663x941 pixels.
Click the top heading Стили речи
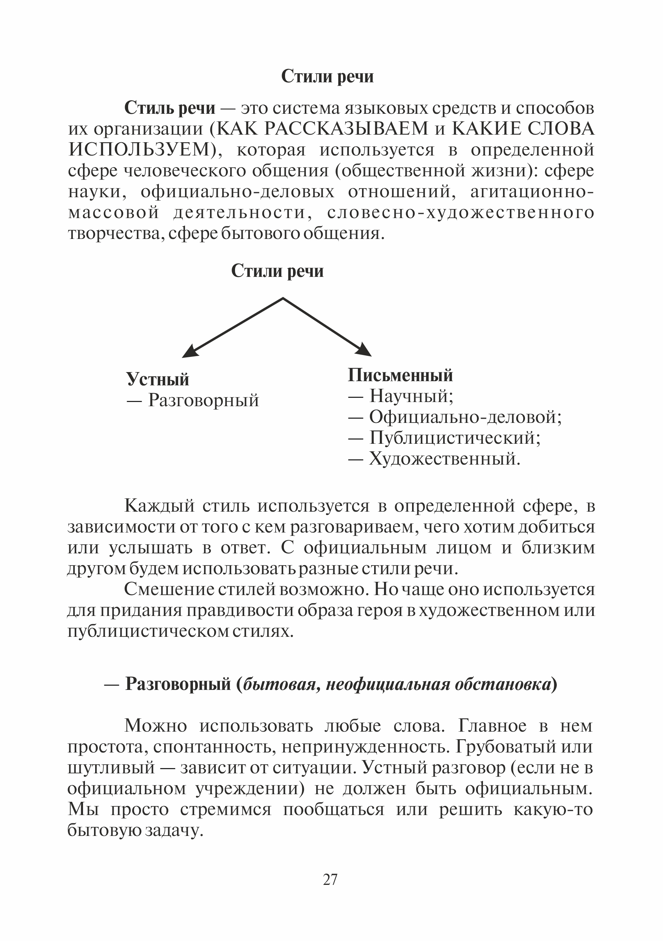(x=327, y=77)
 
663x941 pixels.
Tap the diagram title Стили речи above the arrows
(x=277, y=271)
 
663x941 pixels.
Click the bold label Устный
(x=158, y=379)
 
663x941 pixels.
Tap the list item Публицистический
(x=455, y=438)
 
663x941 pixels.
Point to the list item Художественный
(x=444, y=459)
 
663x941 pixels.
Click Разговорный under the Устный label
(x=204, y=400)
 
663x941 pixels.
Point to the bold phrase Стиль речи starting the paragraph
(x=169, y=108)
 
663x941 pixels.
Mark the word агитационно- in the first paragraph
(x=531, y=192)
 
